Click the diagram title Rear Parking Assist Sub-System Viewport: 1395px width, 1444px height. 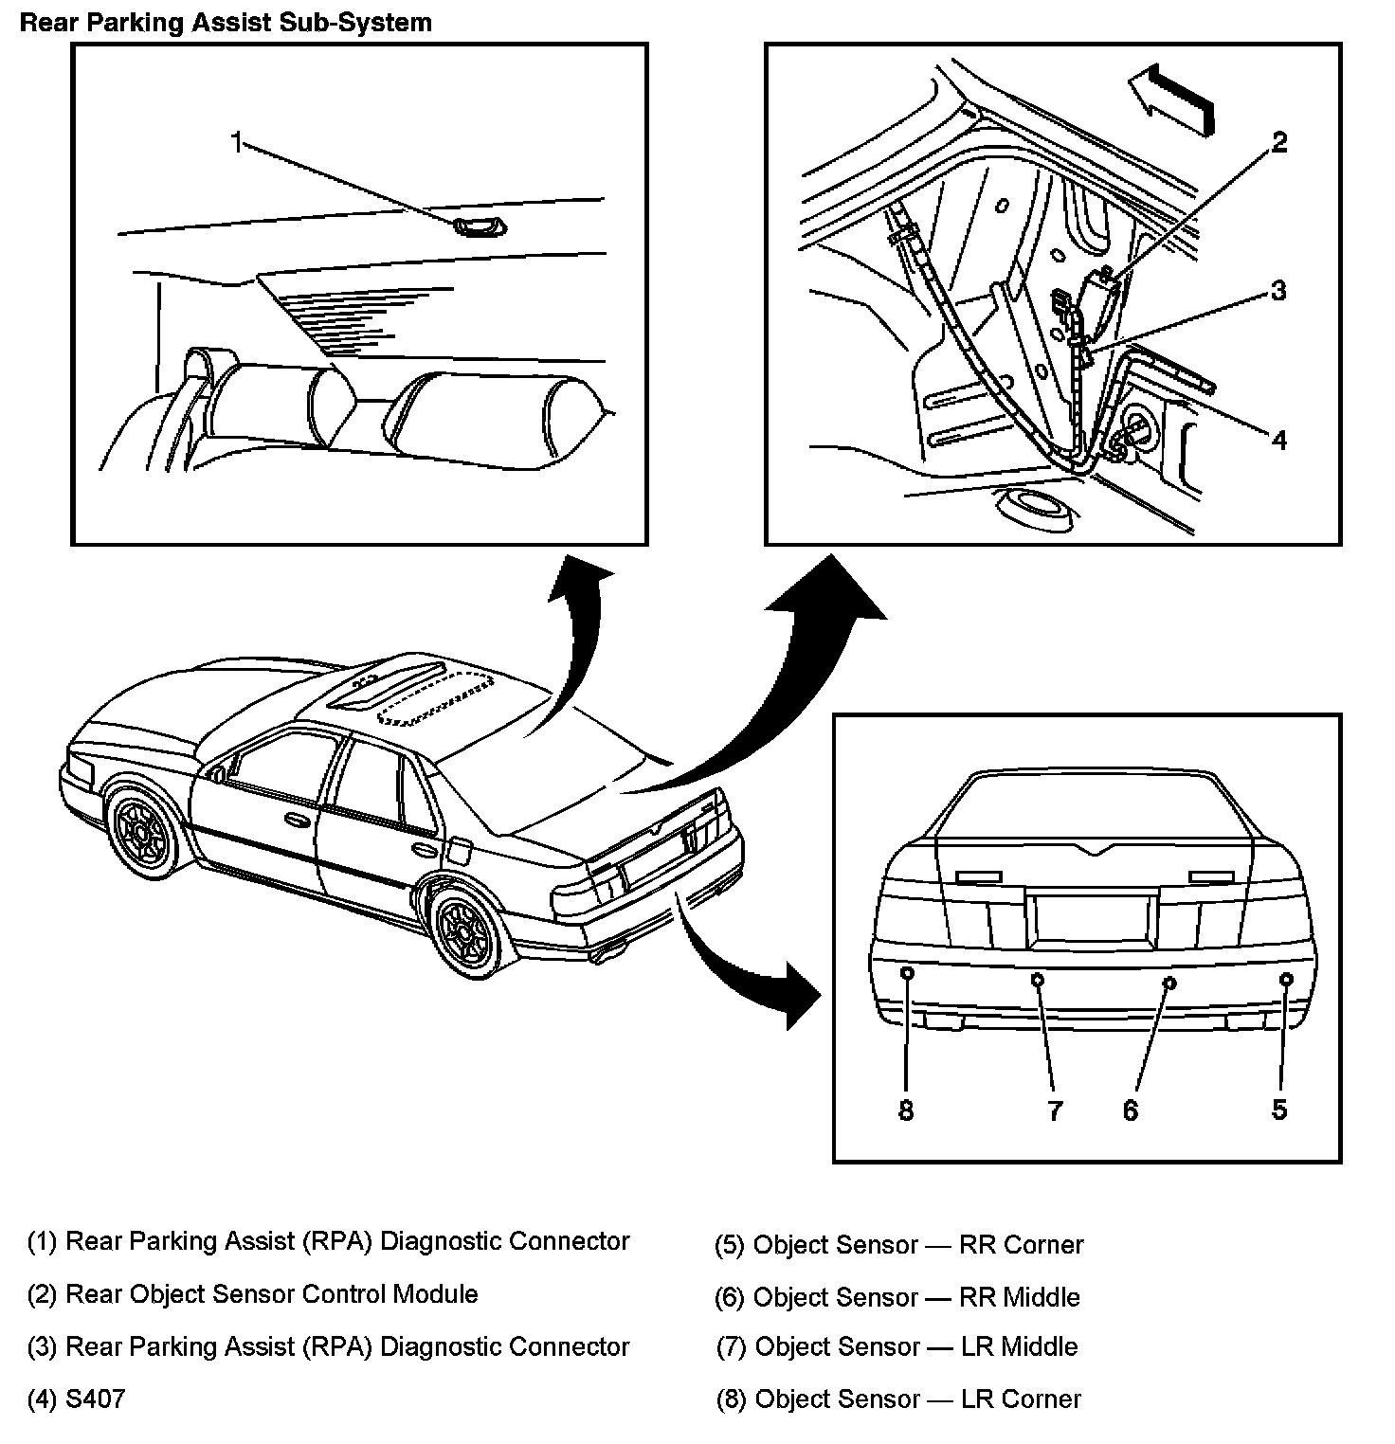[x=226, y=23]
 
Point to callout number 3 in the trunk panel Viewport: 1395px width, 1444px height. [x=1278, y=290]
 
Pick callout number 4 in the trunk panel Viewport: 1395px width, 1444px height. [x=1278, y=440]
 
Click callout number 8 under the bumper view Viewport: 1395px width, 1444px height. [x=906, y=1110]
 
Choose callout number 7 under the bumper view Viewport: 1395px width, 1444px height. [x=1055, y=1110]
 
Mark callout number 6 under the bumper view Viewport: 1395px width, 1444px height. [x=1130, y=1110]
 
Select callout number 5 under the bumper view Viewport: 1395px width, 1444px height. [x=1279, y=1110]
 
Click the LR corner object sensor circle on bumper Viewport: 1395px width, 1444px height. [x=907, y=973]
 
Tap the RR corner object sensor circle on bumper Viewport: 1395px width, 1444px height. [x=1286, y=979]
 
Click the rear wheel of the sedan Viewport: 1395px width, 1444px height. [x=465, y=930]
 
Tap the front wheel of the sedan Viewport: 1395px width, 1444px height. [x=143, y=831]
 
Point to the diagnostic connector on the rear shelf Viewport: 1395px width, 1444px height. [x=479, y=226]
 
